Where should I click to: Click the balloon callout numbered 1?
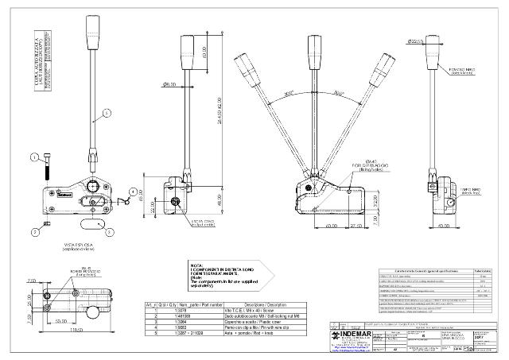pos(35,157)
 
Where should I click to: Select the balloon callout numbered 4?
pos(133,191)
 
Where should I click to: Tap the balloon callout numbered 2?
pos(36,232)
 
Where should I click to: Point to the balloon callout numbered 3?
pos(109,232)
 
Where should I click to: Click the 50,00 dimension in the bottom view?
pos(60,320)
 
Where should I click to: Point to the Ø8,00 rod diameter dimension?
pos(169,83)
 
